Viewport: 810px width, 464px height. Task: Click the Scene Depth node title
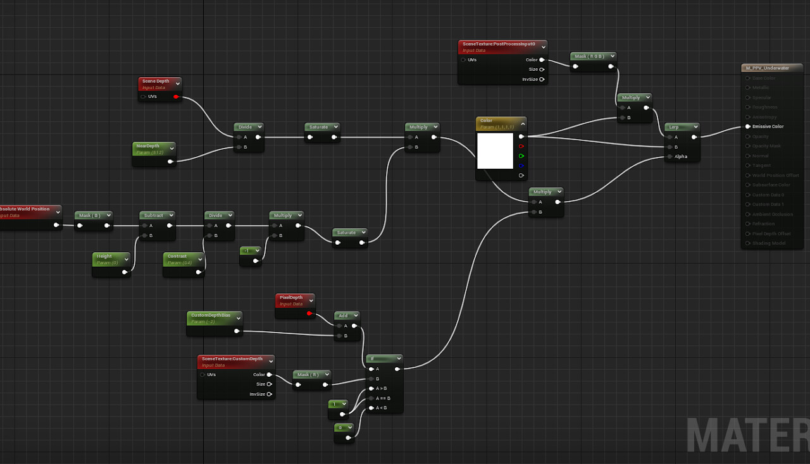click(156, 82)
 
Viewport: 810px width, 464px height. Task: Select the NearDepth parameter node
click(148, 146)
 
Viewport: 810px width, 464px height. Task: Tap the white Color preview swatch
click(495, 150)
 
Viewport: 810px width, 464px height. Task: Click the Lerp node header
click(675, 127)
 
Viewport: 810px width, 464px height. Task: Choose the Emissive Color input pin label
click(768, 126)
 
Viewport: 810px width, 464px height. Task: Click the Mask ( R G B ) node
click(589, 56)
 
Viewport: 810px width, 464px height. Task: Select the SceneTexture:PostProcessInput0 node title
click(499, 45)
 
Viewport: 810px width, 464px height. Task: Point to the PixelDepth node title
click(291, 297)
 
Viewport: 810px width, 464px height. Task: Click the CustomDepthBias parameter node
click(211, 315)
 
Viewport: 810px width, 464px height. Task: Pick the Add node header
click(343, 315)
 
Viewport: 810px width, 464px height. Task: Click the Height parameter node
click(104, 257)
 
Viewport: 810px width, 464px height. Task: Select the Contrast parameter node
click(177, 257)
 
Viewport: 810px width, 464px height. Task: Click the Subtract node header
click(153, 216)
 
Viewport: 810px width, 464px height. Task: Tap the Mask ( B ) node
click(89, 216)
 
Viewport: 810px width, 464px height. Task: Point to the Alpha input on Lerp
click(680, 157)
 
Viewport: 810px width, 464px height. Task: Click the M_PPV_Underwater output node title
click(768, 68)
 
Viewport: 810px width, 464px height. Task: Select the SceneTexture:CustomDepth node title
click(232, 359)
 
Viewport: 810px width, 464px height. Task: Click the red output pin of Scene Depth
click(175, 97)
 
